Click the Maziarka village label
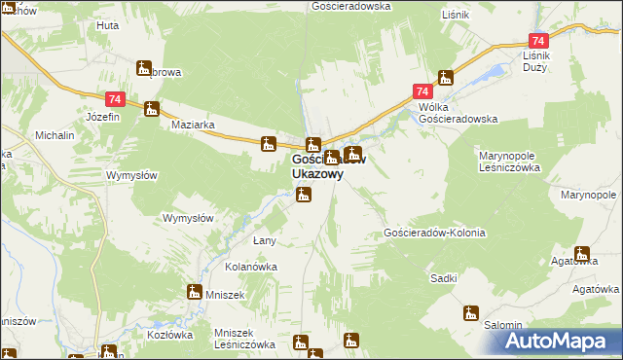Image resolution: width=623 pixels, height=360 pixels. [193, 126]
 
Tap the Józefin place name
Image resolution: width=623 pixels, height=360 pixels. [102, 117]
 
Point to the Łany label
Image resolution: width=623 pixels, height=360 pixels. [266, 240]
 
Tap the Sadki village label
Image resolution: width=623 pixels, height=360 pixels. [444, 278]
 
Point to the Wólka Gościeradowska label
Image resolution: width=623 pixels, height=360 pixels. [458, 112]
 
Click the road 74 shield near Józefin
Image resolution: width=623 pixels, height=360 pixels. [116, 99]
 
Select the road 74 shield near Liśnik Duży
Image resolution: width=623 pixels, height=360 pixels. [538, 42]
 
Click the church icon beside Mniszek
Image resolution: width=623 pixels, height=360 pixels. [194, 292]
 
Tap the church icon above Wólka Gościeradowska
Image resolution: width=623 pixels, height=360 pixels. [446, 78]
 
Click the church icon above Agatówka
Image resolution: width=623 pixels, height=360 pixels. [582, 253]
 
